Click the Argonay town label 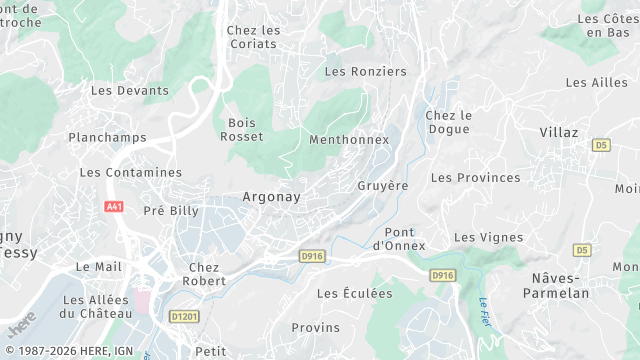pos(271,197)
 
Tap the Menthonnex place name pos(349,140)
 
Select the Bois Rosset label pos(243,130)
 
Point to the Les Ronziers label pos(366,72)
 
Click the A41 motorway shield pos(113,206)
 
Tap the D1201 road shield pos(184,317)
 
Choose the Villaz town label pos(558,132)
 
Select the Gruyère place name pos(383,186)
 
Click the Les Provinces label pos(475,178)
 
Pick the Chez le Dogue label pos(448,123)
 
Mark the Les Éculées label pos(355,293)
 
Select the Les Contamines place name pos(130,172)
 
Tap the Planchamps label pos(107,138)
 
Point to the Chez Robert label pos(204,274)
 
